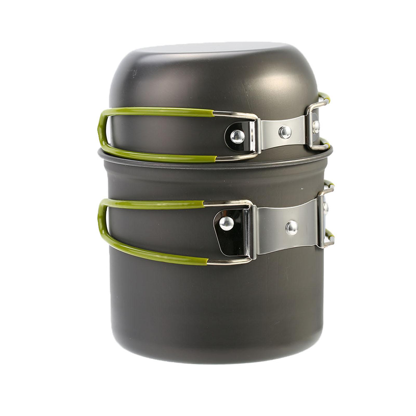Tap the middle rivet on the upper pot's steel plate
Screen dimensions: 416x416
pos(285,132)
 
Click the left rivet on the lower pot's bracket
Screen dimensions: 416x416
pos(226,223)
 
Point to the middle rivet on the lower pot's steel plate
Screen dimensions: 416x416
pos(292,228)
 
